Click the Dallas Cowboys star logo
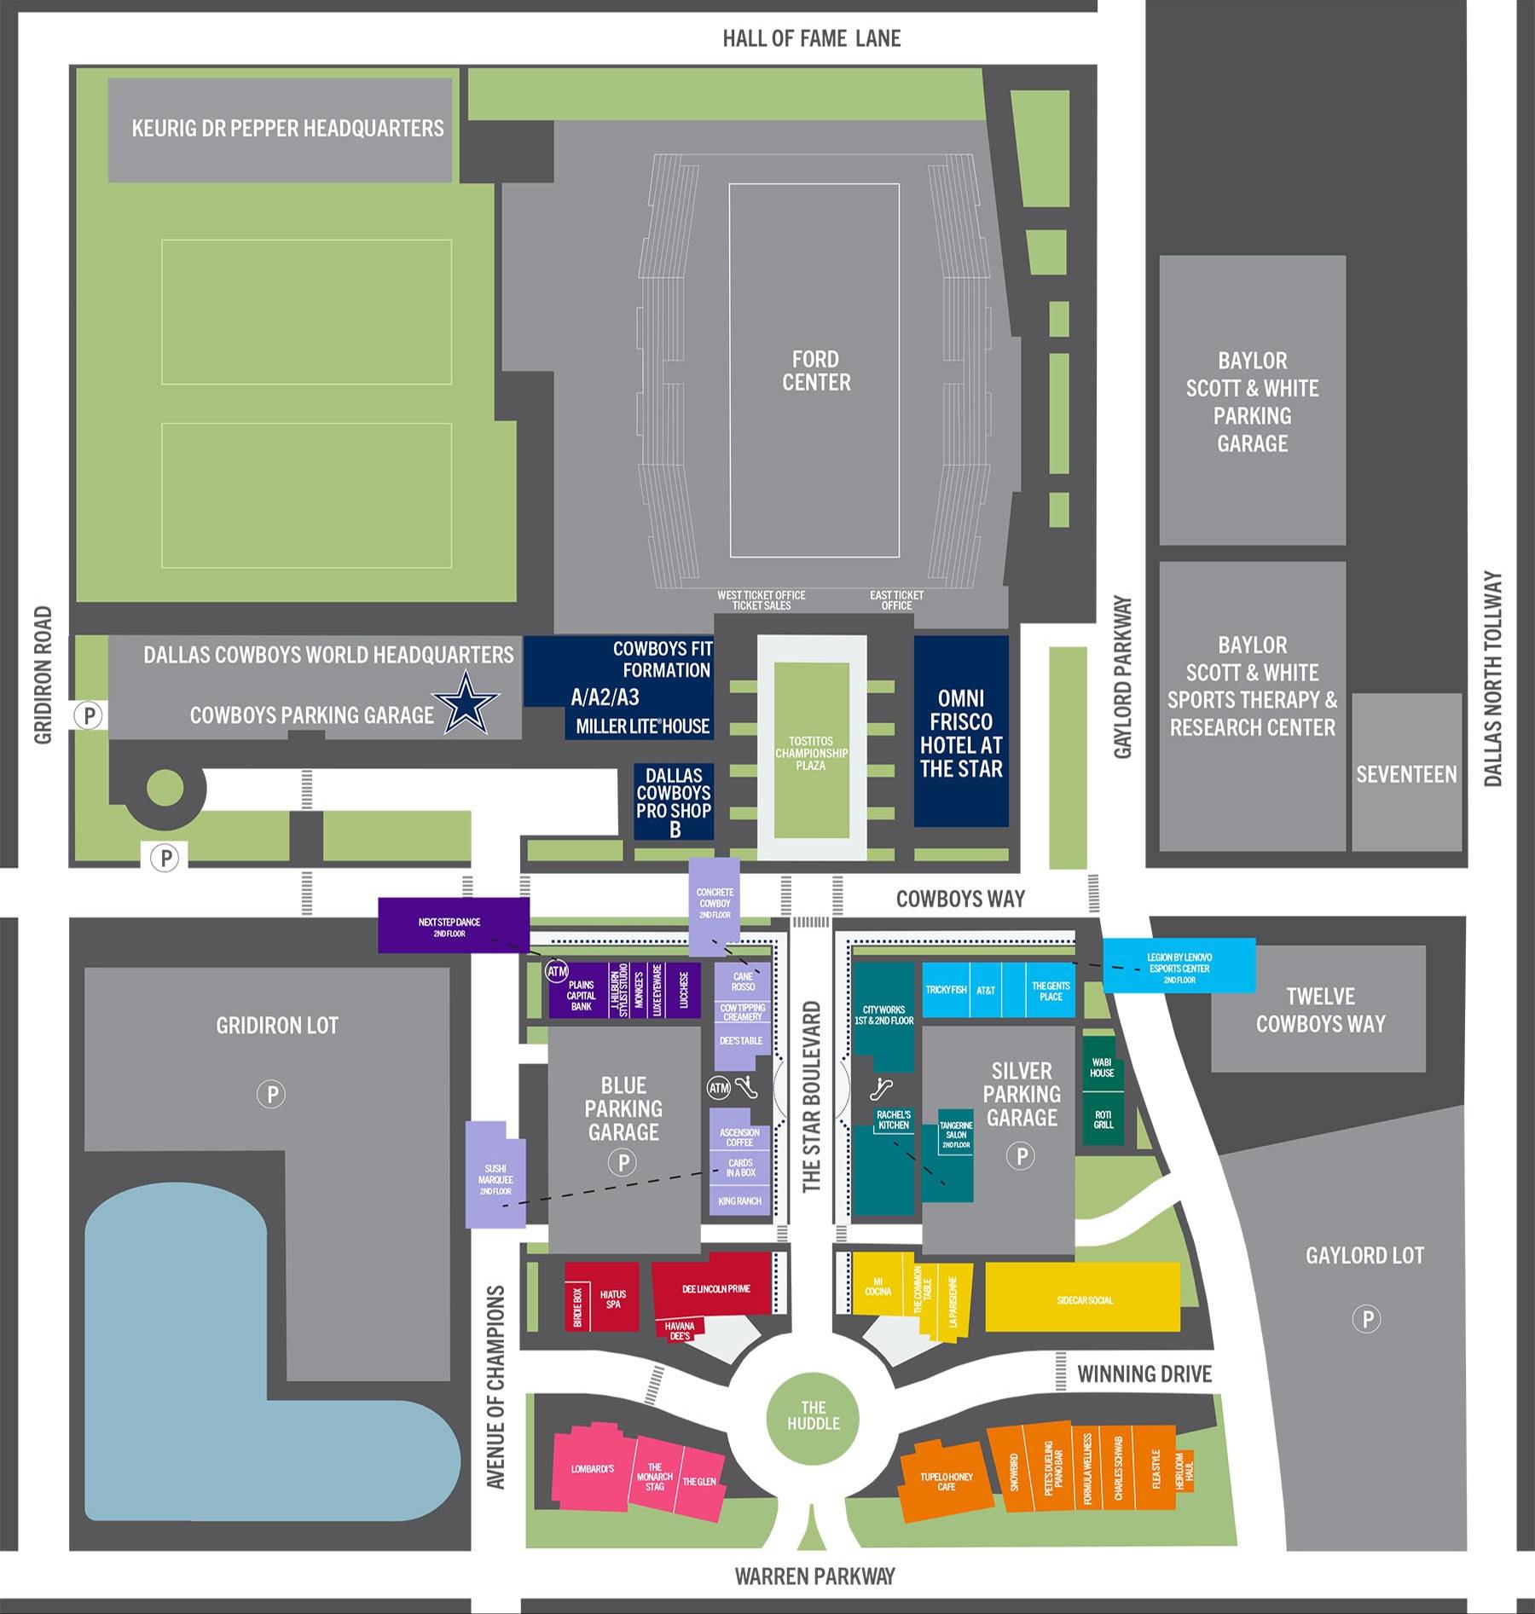tap(466, 703)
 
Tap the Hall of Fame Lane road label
tap(811, 38)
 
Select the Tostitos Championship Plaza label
tap(811, 754)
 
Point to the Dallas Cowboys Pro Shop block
tap(674, 801)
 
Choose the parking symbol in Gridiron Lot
tap(272, 1094)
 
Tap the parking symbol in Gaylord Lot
tap(1367, 1319)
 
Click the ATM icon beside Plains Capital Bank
tap(557, 971)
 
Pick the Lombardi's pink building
tap(593, 1468)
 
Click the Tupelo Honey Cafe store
tap(946, 1481)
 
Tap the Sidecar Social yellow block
tap(1084, 1300)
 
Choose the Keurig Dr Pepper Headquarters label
tap(287, 129)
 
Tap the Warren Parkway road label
tap(814, 1576)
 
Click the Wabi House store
tap(1102, 1067)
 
